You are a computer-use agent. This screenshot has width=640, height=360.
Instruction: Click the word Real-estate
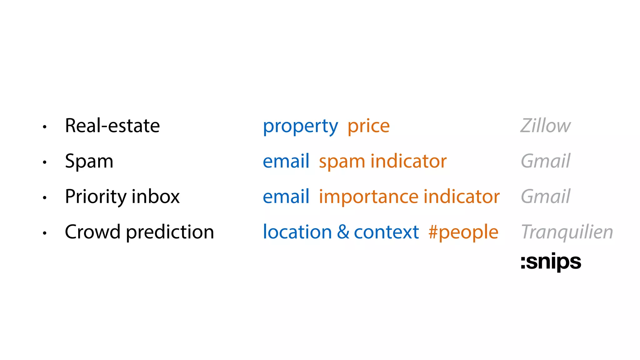click(x=112, y=126)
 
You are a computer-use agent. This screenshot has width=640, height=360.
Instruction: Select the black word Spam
click(x=89, y=162)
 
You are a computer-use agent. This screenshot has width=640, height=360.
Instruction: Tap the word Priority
click(x=96, y=197)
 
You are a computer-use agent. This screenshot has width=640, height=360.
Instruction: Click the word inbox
click(x=156, y=197)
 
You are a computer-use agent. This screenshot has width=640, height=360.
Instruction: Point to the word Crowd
click(x=92, y=232)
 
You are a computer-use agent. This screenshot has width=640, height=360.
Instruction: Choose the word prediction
click(x=170, y=232)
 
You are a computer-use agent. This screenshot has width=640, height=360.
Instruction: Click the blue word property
click(x=300, y=127)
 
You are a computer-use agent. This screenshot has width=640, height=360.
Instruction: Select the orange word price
click(x=368, y=127)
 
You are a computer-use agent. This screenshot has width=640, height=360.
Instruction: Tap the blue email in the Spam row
click(x=286, y=161)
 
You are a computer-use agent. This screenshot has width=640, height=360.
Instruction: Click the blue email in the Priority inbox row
click(x=286, y=197)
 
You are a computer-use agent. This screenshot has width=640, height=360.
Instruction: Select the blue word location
click(x=297, y=232)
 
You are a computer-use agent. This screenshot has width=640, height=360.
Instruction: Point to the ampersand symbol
click(x=343, y=232)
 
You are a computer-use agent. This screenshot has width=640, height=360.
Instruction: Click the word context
click(x=386, y=232)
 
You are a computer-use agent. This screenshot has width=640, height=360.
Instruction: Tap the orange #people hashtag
click(x=463, y=232)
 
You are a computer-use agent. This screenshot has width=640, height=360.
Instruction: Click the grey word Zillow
click(x=545, y=126)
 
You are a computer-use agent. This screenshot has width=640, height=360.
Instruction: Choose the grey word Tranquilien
click(x=567, y=232)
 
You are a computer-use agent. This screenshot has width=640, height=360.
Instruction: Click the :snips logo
click(x=551, y=262)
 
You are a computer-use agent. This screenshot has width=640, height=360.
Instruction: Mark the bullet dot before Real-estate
click(x=45, y=127)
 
